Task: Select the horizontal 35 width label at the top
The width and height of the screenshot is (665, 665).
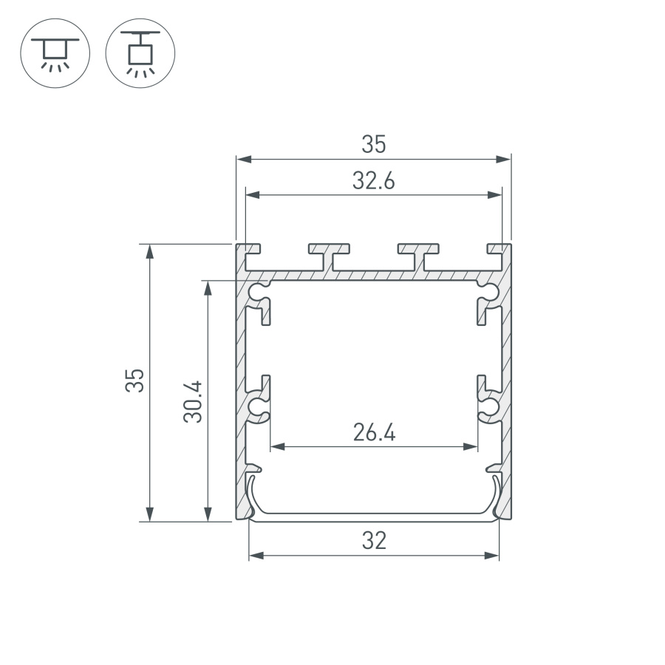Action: tap(374, 145)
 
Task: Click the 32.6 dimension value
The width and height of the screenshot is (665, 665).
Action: tap(374, 181)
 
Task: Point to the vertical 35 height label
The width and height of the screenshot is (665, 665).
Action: tap(134, 382)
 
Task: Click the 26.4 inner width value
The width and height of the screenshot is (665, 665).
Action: tap(374, 433)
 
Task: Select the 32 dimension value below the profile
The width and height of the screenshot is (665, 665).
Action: tap(374, 542)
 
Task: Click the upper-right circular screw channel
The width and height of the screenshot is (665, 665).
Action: tap(489, 291)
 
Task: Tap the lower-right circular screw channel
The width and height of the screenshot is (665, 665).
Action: tap(490, 407)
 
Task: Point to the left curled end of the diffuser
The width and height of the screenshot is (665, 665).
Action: tap(251, 494)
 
